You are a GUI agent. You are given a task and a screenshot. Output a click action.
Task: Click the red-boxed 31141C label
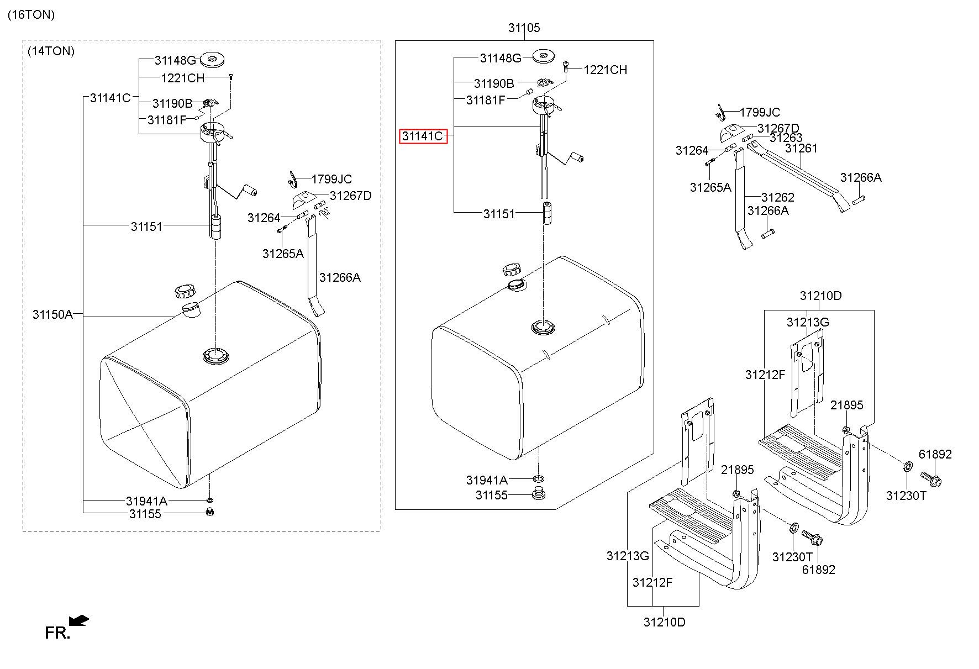tap(423, 136)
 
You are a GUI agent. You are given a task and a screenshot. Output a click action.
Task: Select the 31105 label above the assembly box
tap(524, 28)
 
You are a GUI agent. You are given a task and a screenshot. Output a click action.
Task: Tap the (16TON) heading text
tap(31, 15)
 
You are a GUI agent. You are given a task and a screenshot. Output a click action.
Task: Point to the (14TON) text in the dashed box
tap(51, 51)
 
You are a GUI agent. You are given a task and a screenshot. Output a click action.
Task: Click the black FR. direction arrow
tap(80, 620)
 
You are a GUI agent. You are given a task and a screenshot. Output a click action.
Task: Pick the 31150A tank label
tap(52, 314)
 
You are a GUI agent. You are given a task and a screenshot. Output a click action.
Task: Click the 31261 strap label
tap(801, 148)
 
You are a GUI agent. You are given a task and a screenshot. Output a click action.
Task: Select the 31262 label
tap(778, 197)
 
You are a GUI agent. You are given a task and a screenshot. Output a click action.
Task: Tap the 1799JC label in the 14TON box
tap(331, 179)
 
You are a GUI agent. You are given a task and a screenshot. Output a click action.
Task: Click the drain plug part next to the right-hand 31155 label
tap(538, 494)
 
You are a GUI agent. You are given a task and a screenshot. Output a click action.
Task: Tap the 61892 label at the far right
tap(935, 454)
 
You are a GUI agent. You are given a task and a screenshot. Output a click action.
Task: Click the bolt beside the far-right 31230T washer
tap(931, 479)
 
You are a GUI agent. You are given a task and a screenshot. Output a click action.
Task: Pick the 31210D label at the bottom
tap(664, 622)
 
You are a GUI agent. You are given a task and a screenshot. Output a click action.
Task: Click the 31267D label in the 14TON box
tap(351, 196)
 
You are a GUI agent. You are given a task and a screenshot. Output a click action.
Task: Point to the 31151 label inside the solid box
tap(499, 214)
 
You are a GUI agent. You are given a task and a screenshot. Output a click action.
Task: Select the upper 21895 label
tap(846, 405)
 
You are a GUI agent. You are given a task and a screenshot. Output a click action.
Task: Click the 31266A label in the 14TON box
tap(340, 277)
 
